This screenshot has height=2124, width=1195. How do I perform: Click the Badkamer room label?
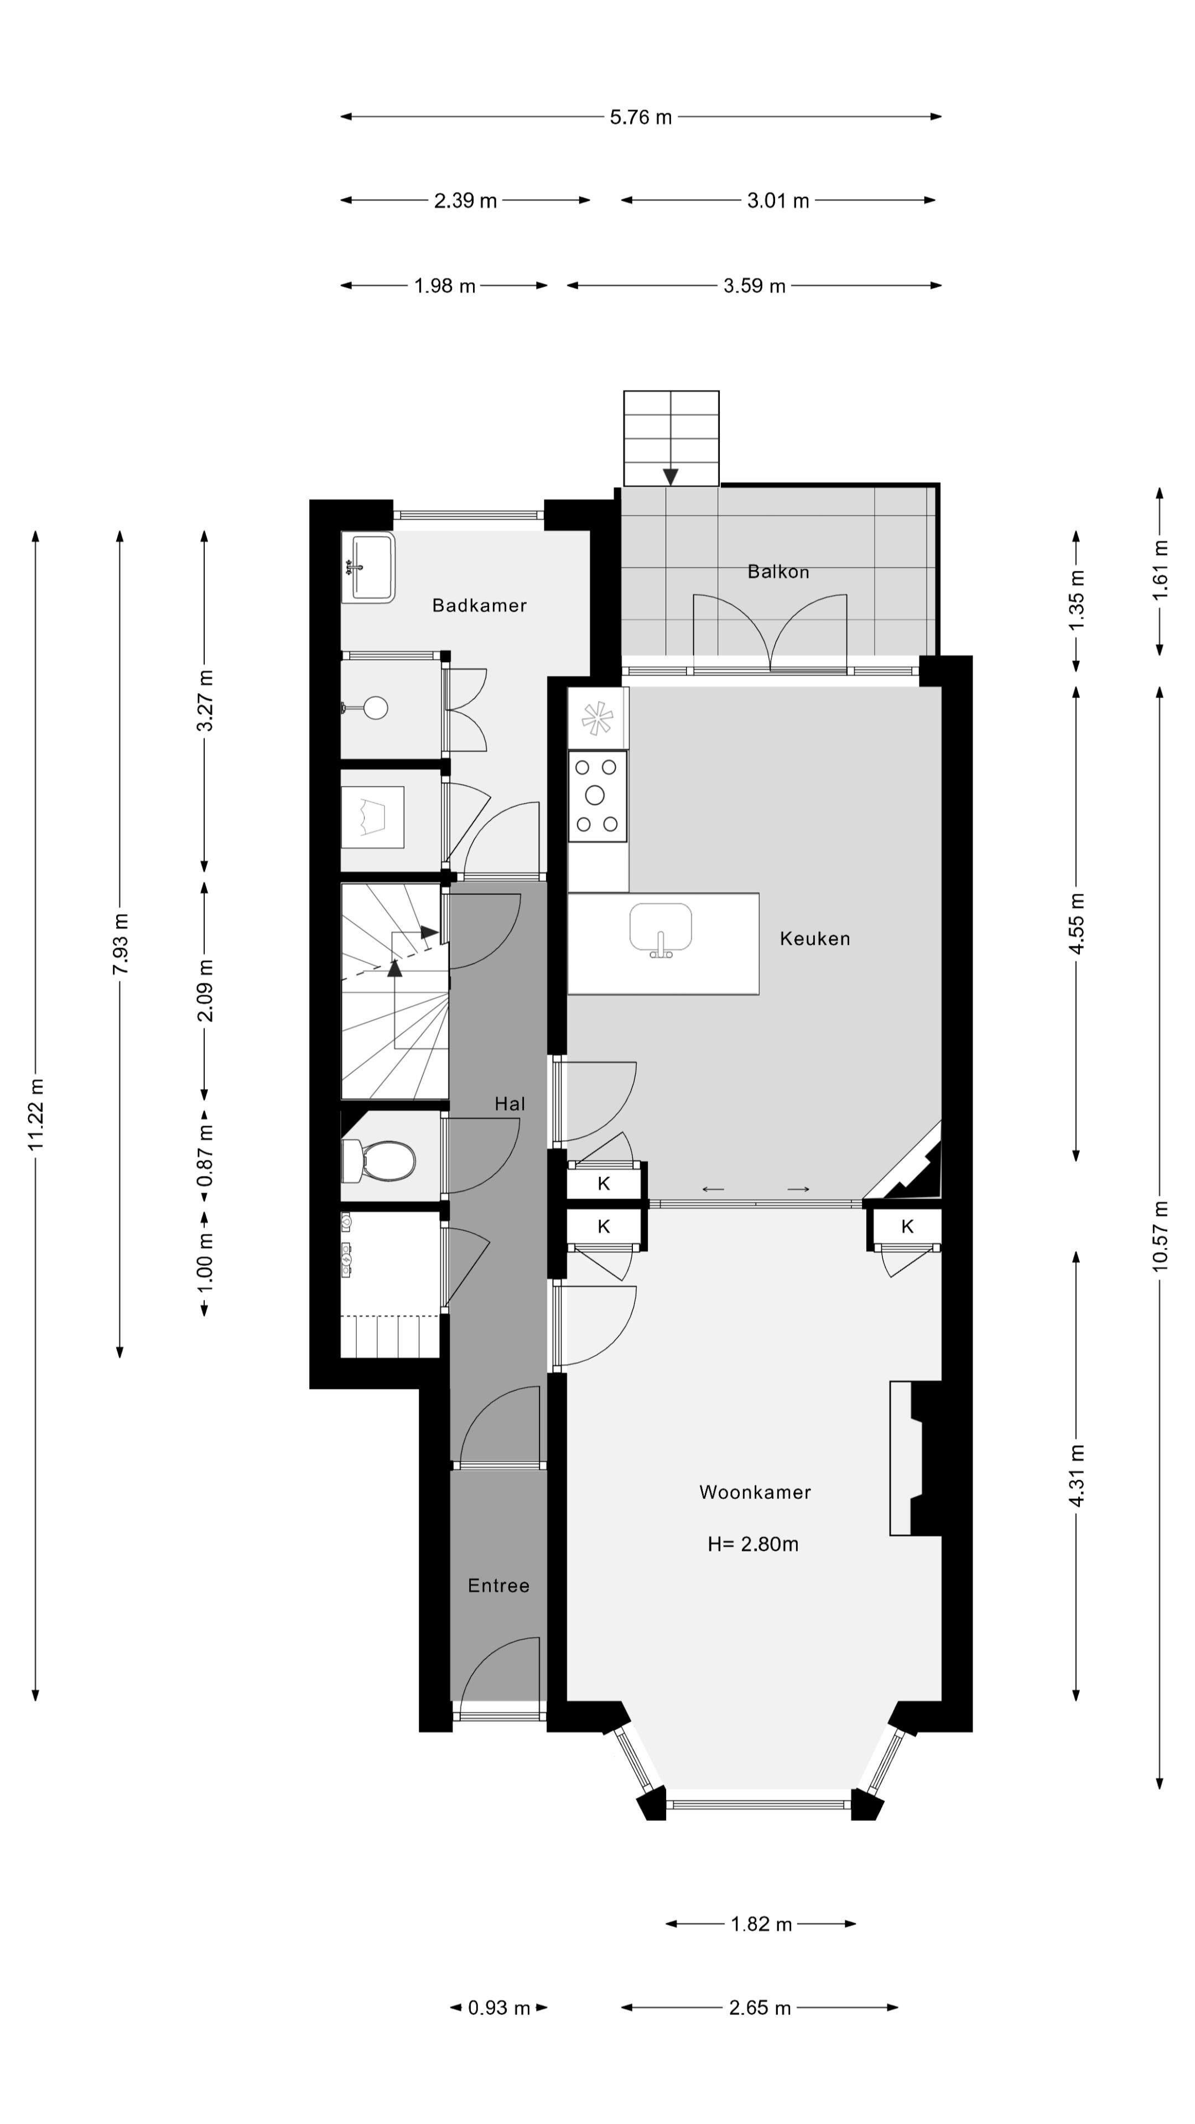click(x=479, y=605)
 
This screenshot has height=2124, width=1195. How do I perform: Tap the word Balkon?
click(x=778, y=571)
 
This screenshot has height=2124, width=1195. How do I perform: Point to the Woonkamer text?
click(x=755, y=1492)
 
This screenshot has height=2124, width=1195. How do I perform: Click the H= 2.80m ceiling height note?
click(x=752, y=1544)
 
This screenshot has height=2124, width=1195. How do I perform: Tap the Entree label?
click(x=498, y=1586)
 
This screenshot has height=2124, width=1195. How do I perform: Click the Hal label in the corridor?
click(x=510, y=1103)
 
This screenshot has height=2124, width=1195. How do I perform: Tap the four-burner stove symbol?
click(x=597, y=796)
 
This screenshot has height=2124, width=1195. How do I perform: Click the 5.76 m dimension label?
click(x=641, y=117)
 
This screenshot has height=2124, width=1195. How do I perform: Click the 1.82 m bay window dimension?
click(x=760, y=1924)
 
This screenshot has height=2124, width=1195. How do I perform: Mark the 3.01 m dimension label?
click(x=778, y=200)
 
